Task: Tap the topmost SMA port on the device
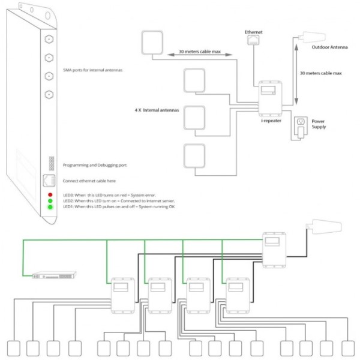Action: pos(49,40)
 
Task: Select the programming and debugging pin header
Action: pos(49,164)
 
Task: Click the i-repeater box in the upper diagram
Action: pos(271,97)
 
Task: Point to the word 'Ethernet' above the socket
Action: pos(254,31)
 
